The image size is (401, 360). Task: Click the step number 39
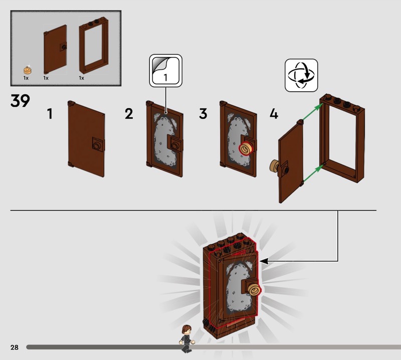[x=20, y=101]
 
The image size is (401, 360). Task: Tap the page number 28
[x=15, y=347]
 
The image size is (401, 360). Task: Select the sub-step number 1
[x=50, y=114]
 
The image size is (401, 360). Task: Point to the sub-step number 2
[x=129, y=114]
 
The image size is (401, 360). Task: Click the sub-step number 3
[x=203, y=114]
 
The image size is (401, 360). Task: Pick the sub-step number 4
[x=274, y=114]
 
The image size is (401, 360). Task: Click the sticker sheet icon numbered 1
[x=166, y=71]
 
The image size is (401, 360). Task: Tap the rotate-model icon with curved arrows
[x=301, y=75]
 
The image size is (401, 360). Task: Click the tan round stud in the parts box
[x=28, y=70]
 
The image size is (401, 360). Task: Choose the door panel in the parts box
[x=55, y=49]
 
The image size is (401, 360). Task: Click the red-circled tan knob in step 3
[x=246, y=148]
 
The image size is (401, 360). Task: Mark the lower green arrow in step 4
[x=313, y=173]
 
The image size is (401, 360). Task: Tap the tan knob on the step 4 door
[x=275, y=166]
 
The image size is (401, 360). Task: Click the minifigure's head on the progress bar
[x=186, y=329]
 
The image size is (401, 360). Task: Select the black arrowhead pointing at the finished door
[x=264, y=261]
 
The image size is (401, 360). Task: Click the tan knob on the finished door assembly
[x=255, y=290]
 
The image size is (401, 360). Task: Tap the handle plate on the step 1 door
[x=98, y=145]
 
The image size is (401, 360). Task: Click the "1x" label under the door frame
[x=82, y=78]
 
